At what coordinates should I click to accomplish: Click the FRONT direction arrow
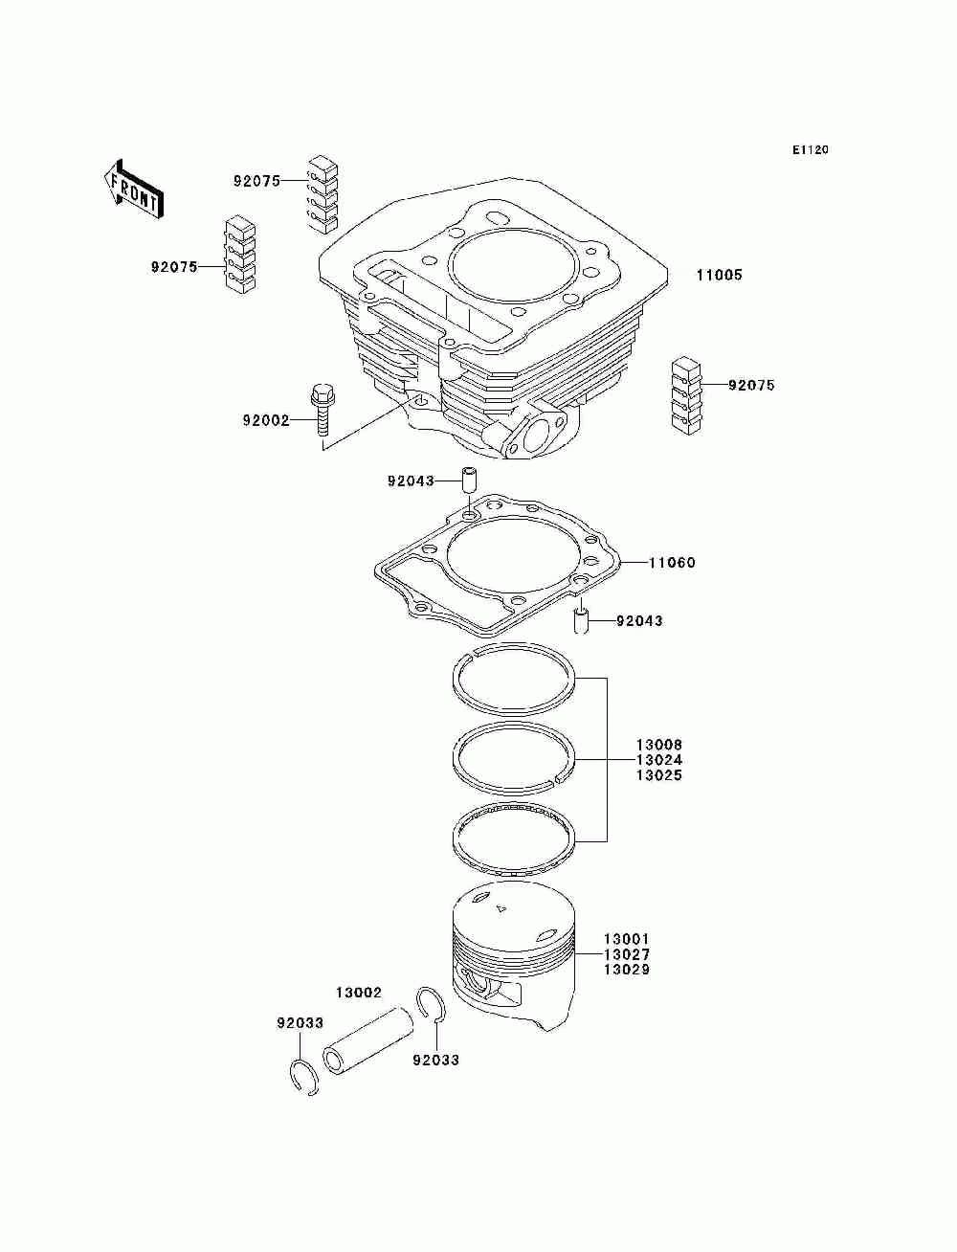(133, 187)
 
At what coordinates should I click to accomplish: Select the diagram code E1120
(810, 149)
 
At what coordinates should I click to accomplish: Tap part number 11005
(719, 276)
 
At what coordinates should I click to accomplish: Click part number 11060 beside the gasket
(672, 563)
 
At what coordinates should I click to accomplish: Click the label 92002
(265, 420)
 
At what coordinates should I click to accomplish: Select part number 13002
(359, 994)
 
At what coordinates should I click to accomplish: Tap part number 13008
(659, 745)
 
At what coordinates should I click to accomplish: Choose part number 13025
(659, 775)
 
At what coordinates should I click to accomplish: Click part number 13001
(626, 940)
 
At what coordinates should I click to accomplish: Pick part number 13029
(626, 970)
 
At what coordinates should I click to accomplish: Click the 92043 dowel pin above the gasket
(470, 479)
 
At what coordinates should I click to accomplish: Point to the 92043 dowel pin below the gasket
(579, 620)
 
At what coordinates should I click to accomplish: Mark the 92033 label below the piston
(435, 1060)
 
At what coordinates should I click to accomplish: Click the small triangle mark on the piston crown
(500, 905)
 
